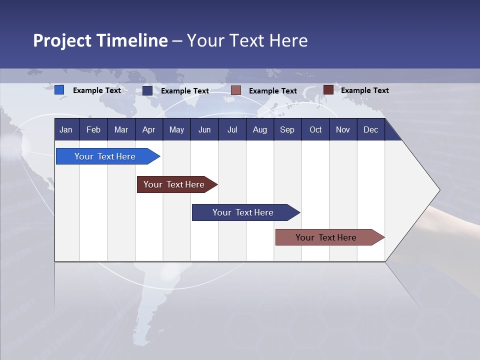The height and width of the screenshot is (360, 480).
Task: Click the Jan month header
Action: [x=66, y=130]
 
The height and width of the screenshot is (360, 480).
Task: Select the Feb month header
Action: [x=93, y=130]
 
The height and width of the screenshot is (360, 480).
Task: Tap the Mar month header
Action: [x=121, y=130]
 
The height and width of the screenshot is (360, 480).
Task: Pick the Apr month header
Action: [x=148, y=130]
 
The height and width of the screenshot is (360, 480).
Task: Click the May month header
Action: [x=176, y=130]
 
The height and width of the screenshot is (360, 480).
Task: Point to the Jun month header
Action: [x=204, y=130]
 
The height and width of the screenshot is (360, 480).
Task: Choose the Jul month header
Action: [x=232, y=130]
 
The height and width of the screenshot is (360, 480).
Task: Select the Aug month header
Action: [x=259, y=130]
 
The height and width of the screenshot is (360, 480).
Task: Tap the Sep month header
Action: [x=287, y=130]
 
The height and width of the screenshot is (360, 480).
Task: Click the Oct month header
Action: [x=315, y=130]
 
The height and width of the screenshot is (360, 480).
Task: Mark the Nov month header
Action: [x=343, y=130]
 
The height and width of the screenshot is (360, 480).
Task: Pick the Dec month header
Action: [x=370, y=130]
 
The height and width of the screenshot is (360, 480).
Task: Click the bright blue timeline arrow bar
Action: [x=105, y=156]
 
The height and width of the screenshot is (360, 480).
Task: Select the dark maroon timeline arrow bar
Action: [x=174, y=184]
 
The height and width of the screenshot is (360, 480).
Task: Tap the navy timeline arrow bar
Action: [x=243, y=212]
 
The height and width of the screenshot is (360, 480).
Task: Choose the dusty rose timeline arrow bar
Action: [x=326, y=237]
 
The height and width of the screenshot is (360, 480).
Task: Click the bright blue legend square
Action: [x=59, y=90]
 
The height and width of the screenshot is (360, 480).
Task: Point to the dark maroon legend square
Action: [x=328, y=90]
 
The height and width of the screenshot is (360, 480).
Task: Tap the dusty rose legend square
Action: [x=236, y=90]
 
